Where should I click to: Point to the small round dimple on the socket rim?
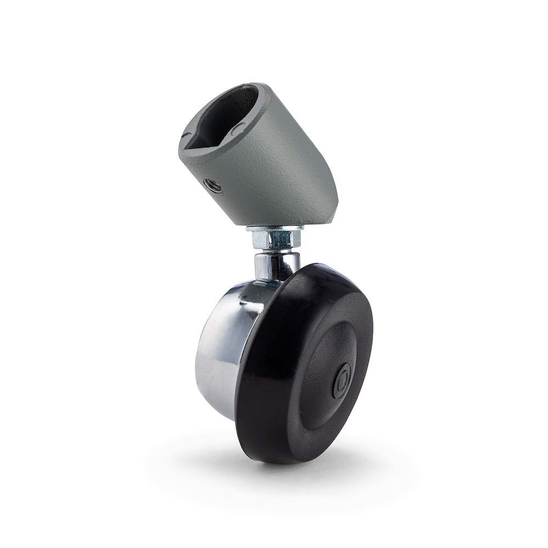(239, 127)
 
